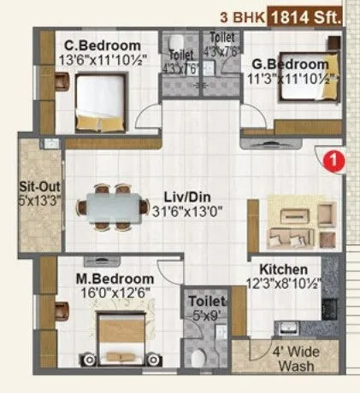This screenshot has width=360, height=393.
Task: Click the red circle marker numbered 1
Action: [x=337, y=158]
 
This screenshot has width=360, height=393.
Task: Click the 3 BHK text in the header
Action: [x=239, y=15]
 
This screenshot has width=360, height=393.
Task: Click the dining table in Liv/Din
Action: [x=112, y=206]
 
